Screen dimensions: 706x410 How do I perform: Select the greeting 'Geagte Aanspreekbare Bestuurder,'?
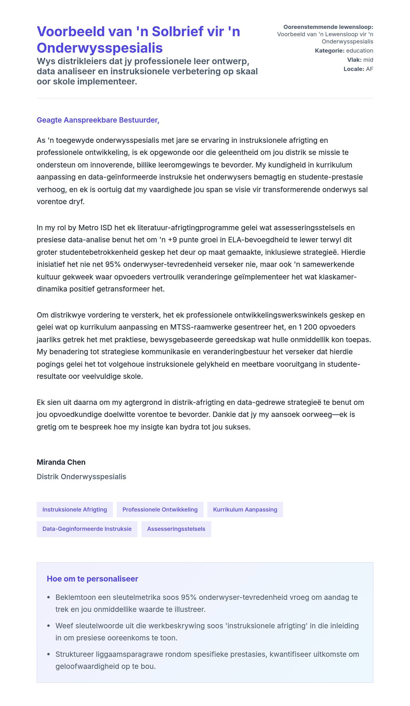click(x=98, y=120)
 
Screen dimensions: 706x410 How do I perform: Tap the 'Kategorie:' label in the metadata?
click(x=329, y=51)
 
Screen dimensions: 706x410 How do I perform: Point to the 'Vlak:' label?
click(x=354, y=60)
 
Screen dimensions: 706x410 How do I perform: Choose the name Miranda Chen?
click(x=61, y=462)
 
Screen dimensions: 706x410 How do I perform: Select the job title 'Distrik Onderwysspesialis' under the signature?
click(x=81, y=477)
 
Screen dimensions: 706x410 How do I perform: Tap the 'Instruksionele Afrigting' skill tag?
click(x=75, y=509)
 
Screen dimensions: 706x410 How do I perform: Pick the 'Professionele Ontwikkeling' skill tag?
click(x=160, y=509)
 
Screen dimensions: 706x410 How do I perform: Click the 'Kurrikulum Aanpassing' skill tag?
click(x=245, y=509)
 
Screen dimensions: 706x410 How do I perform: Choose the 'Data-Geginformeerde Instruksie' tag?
click(x=87, y=529)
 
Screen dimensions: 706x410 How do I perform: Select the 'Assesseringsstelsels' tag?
click(x=176, y=529)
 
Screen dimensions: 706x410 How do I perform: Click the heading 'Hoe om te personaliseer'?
click(x=92, y=579)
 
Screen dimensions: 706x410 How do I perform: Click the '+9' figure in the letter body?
click(x=172, y=240)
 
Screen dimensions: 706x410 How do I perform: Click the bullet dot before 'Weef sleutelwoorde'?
click(x=48, y=626)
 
